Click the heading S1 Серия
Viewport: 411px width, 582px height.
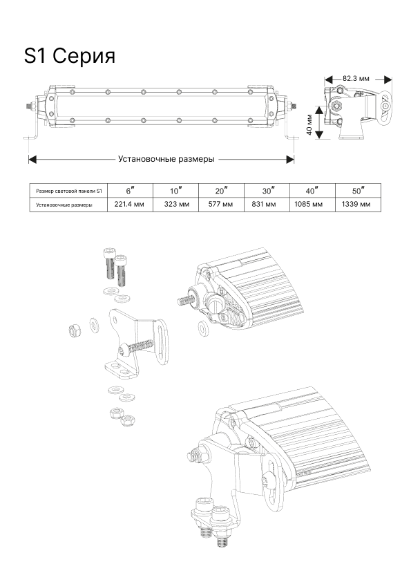coord(70,56)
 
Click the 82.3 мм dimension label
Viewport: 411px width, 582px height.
coord(356,79)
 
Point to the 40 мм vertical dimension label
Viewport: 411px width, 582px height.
coord(310,124)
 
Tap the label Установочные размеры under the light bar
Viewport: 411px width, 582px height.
coord(166,159)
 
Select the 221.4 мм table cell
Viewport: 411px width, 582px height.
coord(129,204)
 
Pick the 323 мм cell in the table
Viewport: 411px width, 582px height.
coord(177,204)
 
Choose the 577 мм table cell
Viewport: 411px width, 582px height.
coord(220,204)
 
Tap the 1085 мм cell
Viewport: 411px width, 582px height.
coord(309,204)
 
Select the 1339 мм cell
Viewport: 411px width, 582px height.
coord(356,204)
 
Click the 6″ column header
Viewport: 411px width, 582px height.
coord(130,191)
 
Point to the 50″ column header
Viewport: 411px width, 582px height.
coord(359,191)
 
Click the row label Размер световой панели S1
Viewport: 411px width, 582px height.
coord(68,191)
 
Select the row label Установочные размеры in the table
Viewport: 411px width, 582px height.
coord(64,205)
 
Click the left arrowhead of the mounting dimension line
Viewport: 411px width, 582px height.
coord(32,159)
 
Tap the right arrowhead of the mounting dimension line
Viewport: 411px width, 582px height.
coord(290,159)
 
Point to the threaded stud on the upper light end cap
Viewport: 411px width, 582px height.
coord(184,300)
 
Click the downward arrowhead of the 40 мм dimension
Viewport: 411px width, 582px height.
coord(319,135)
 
